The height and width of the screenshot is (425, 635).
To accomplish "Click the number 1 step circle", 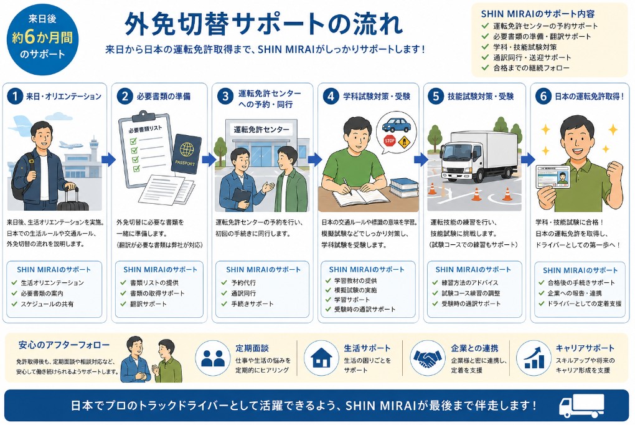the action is tap(15, 97).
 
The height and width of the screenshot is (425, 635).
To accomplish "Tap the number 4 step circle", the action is tap(331, 97).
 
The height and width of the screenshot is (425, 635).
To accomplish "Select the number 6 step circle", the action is tap(543, 97).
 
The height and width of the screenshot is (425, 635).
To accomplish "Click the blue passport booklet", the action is tap(186, 153).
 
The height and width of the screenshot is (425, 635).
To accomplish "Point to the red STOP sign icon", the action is tap(390, 141).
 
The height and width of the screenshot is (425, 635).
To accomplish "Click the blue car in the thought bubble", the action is tap(396, 125).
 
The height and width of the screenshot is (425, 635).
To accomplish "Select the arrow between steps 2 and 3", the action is tap(209, 160).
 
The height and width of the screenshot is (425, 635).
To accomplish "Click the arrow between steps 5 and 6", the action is tap(528, 160).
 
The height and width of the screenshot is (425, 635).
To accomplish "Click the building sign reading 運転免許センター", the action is tap(261, 130).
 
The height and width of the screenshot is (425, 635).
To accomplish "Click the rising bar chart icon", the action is tap(534, 358).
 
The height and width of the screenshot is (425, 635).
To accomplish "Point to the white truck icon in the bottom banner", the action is tap(581, 406).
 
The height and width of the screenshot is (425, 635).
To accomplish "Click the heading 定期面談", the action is tap(252, 348).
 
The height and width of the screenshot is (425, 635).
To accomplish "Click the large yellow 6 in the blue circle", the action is tap(31, 37).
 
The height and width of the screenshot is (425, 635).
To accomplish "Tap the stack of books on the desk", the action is tap(403, 188).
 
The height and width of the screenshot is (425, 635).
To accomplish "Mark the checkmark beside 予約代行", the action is tap(224, 283).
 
